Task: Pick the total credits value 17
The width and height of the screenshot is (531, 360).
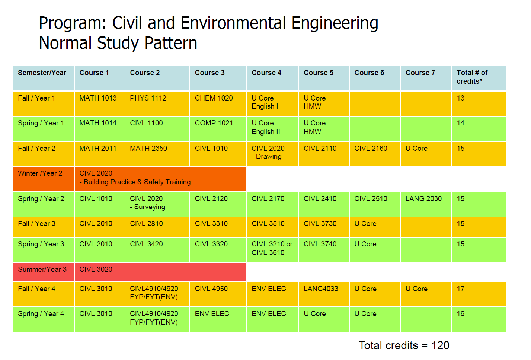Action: (x=461, y=289)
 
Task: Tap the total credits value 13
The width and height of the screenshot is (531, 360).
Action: (x=461, y=98)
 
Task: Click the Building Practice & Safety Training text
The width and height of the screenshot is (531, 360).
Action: (x=137, y=182)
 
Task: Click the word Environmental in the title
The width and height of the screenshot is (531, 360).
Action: (x=233, y=23)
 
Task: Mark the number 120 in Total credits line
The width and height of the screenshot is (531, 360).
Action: (x=440, y=345)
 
